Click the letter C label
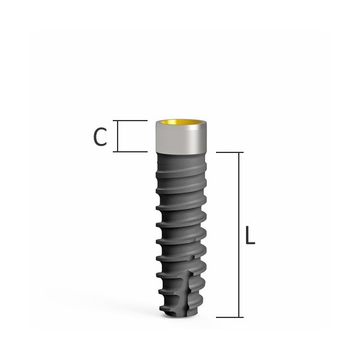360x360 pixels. click(x=100, y=137)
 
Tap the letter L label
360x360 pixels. click(x=250, y=235)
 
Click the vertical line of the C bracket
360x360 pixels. click(x=117, y=136)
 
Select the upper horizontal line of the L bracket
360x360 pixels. click(x=228, y=152)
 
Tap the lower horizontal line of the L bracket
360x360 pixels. click(x=228, y=317)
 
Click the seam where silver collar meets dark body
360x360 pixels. click(x=182, y=152)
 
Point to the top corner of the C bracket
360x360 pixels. click(x=117, y=121)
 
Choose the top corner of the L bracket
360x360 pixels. click(x=240, y=152)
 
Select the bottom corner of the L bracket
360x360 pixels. click(x=240, y=317)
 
